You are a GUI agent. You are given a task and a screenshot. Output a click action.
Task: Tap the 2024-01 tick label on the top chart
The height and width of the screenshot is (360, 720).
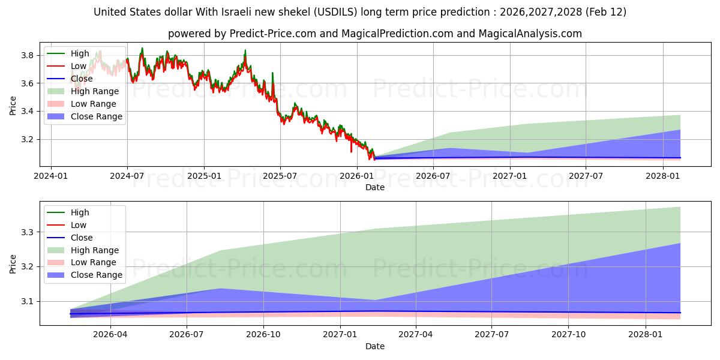tap(51, 176)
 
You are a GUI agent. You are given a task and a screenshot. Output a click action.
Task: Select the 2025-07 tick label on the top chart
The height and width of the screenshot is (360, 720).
tap(280, 176)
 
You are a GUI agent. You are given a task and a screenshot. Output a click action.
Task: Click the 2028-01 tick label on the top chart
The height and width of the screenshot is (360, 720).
tap(663, 176)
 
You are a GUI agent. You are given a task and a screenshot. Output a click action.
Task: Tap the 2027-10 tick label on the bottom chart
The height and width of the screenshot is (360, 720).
tap(568, 335)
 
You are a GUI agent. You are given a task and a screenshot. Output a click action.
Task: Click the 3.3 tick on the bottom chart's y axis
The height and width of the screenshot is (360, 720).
tap(28, 232)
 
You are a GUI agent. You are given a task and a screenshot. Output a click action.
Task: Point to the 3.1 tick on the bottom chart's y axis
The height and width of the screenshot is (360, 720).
tap(28, 301)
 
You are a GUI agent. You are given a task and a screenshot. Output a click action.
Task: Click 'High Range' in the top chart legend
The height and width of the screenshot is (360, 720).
tap(94, 91)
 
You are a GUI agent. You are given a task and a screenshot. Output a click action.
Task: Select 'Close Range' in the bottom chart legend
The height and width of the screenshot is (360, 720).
tap(96, 275)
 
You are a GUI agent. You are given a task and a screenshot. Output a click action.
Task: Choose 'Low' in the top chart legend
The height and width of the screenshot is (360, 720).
tap(79, 66)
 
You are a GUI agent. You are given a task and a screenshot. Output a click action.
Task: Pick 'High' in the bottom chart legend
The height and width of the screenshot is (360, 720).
tap(80, 212)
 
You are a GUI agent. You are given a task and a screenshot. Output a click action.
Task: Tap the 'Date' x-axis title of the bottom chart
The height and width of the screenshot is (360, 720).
tap(375, 346)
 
